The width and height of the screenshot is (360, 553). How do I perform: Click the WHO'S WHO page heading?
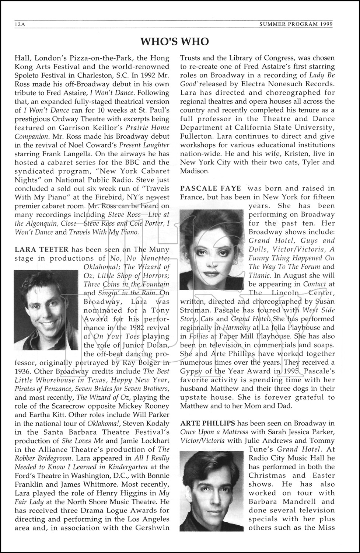(175, 42)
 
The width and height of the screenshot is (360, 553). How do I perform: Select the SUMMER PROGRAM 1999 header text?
(296, 25)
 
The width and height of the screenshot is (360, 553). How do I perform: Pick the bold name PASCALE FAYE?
(210, 188)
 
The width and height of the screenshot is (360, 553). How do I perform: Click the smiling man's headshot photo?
(46, 310)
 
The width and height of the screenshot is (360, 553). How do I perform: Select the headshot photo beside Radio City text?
(212, 492)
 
